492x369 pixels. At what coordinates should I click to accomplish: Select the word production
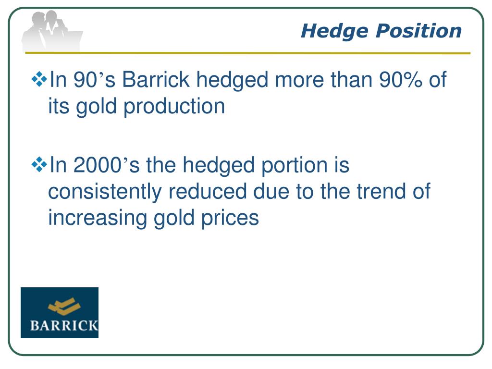pos(174,107)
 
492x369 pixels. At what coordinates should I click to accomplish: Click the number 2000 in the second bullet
pos(97,166)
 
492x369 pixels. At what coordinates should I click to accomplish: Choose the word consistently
pos(105,192)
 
